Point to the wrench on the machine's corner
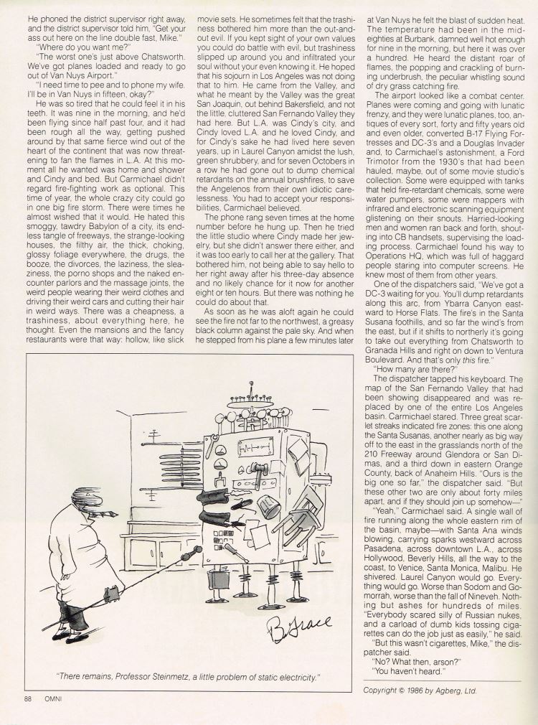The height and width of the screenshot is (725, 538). [212, 446]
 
